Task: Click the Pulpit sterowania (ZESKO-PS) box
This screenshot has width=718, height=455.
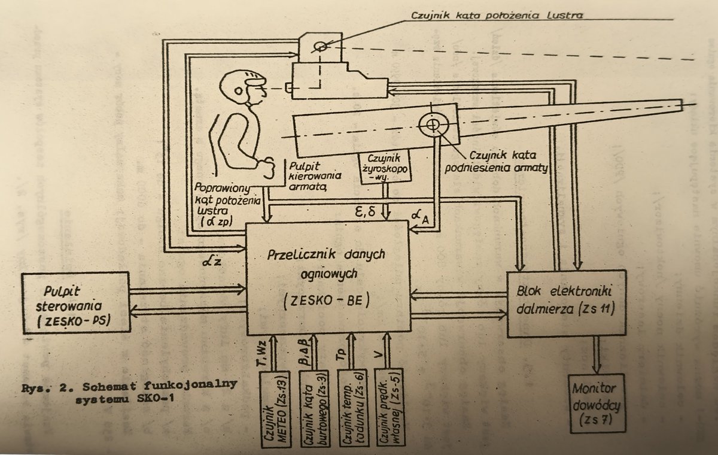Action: coord(75,302)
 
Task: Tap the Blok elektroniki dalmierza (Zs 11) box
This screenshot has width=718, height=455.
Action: coord(566,303)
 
